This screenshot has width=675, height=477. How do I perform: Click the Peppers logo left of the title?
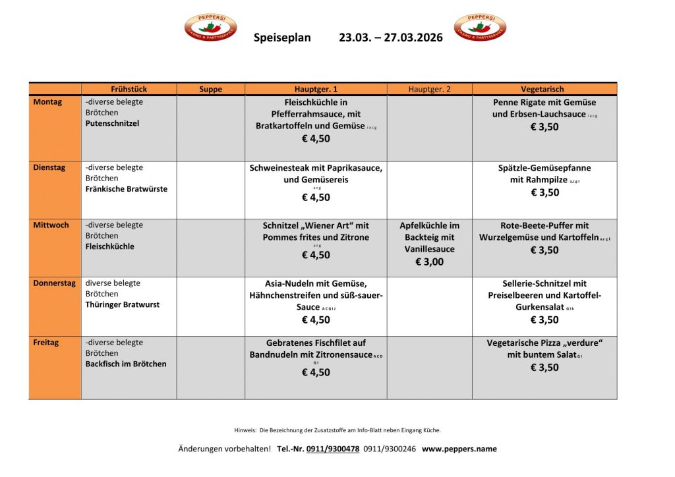coord(210,28)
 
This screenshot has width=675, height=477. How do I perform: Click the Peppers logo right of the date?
coord(480,28)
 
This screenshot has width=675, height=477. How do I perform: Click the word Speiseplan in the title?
coord(282,38)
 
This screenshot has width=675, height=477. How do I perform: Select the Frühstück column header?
coord(129,89)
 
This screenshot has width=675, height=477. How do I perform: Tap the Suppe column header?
coord(210,89)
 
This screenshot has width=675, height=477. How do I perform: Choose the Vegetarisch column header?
coord(542,89)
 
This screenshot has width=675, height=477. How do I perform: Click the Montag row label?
coord(47,102)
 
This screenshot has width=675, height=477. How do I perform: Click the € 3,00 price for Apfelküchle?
coord(429,262)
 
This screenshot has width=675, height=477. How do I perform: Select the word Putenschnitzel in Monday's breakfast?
coord(112,123)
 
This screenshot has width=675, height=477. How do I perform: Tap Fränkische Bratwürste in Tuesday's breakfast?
coord(126,189)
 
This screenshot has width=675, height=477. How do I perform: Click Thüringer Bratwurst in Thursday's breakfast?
coord(122,304)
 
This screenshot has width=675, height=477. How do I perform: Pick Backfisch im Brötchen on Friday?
coord(125,364)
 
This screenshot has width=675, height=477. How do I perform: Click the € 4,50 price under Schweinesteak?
coord(316,197)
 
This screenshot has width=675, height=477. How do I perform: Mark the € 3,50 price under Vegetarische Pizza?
coord(544,368)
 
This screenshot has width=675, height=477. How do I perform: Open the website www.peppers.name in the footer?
coord(459,449)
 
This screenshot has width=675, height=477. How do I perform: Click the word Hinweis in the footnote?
coord(245,430)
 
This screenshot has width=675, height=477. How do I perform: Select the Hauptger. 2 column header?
coord(429,89)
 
